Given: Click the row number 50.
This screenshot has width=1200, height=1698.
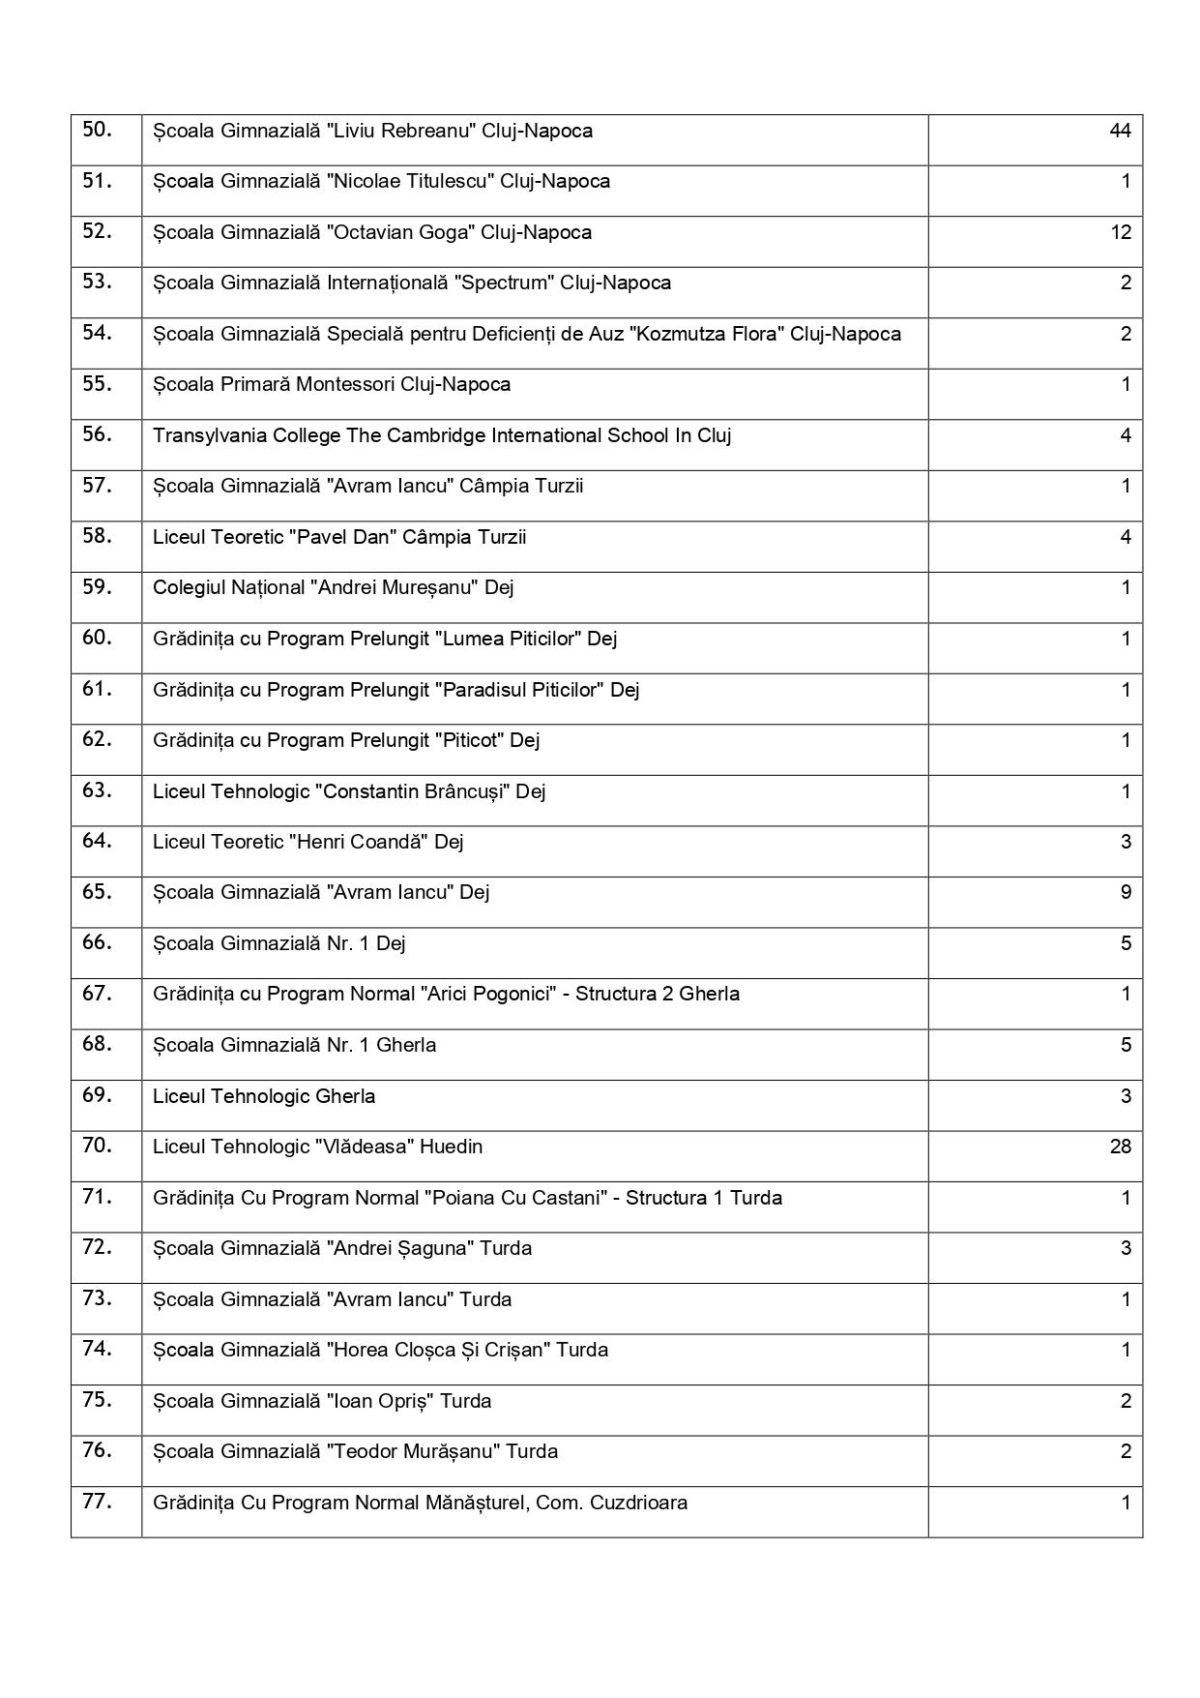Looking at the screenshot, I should tap(97, 130).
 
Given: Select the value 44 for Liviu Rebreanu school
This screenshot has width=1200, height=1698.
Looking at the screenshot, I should tap(1120, 131).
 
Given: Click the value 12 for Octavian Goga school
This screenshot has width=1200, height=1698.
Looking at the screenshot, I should tap(1120, 232).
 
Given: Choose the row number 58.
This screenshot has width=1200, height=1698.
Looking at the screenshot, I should tap(97, 536).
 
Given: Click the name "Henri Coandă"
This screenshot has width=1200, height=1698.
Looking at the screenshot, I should tap(358, 842).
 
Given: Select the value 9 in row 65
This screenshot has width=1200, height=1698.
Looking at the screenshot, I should tap(1126, 892).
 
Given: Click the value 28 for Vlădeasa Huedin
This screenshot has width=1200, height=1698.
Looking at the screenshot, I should tap(1120, 1147).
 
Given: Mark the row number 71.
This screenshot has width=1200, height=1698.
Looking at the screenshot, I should tap(97, 1197).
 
